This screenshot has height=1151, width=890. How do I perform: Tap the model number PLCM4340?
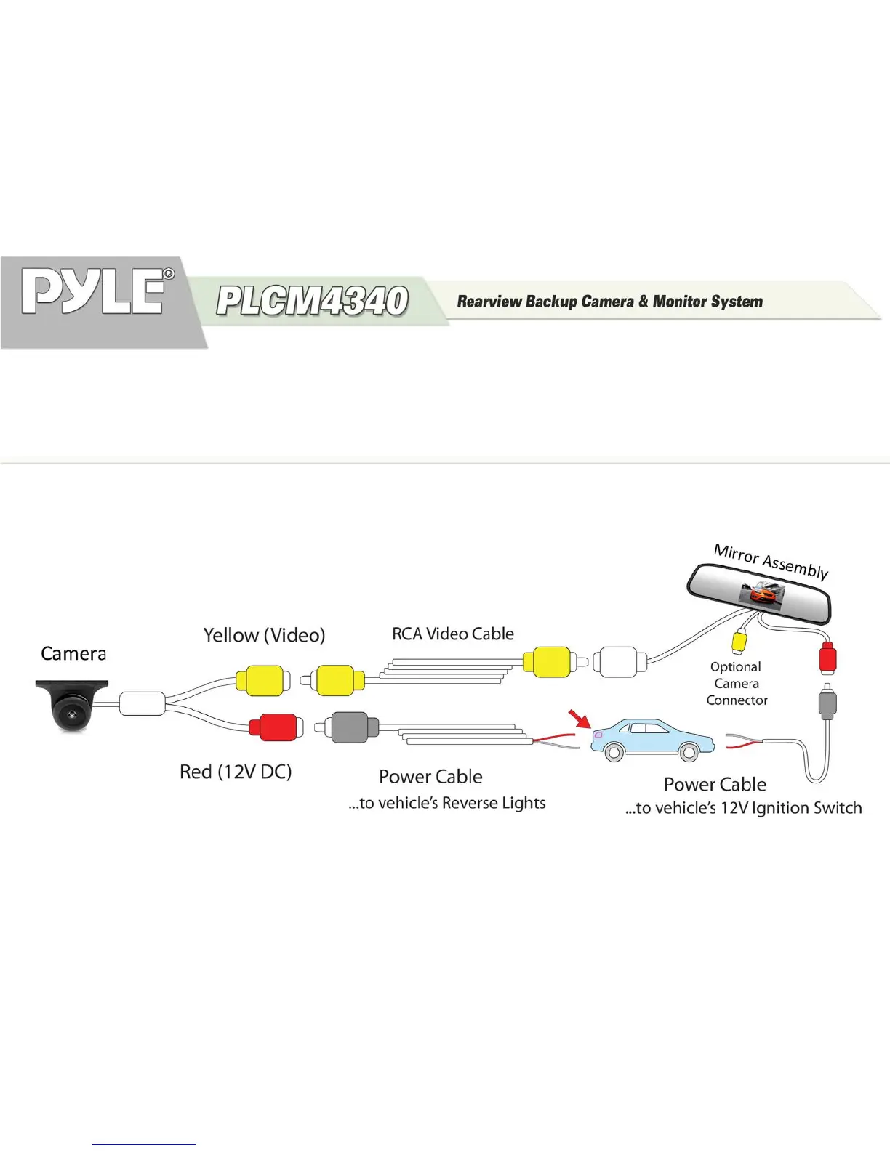312,301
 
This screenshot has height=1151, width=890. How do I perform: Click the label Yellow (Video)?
264,635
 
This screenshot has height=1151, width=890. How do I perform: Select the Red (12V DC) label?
236,771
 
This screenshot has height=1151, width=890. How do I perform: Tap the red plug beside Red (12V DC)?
273,727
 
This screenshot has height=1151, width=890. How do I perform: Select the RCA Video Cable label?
452,634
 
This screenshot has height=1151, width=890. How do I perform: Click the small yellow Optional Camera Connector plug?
739,641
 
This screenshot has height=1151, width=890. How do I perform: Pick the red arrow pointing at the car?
580,719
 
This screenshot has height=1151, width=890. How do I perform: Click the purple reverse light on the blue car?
598,735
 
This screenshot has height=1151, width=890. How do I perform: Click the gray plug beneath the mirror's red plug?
827,702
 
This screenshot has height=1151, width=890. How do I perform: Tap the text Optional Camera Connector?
737,683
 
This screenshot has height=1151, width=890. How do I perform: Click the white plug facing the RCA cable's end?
618,662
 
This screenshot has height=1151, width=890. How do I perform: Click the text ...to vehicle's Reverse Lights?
447,803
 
